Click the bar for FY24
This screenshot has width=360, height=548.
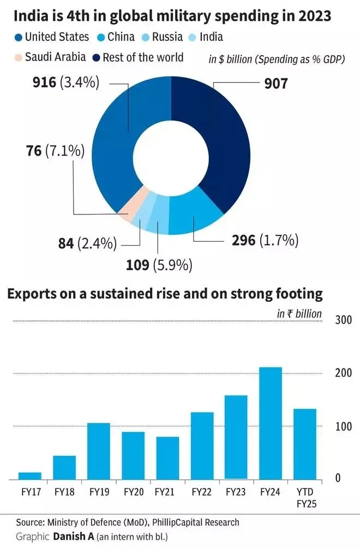tap(271, 423)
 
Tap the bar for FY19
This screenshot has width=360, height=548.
tap(99, 451)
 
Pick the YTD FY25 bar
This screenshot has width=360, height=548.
tap(305, 444)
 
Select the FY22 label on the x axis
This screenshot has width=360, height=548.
tap(202, 492)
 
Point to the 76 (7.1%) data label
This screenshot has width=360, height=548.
tap(55, 151)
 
